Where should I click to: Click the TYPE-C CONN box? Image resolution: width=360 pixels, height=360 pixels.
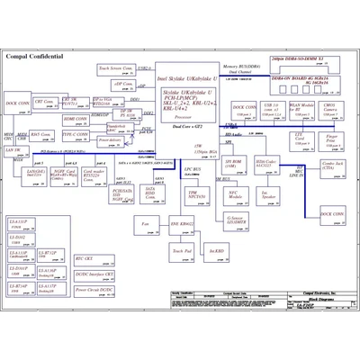[x=76, y=135]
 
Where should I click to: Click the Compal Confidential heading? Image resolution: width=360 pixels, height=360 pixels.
[x=35, y=56]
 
